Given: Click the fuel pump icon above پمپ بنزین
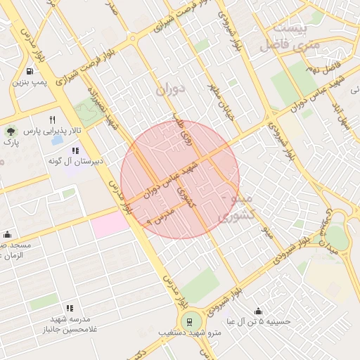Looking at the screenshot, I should point(29,71).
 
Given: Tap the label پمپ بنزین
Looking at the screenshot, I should point(29,83).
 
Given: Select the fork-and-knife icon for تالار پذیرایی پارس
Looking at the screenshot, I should point(52,120).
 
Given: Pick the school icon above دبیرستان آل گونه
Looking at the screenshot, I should point(75,150).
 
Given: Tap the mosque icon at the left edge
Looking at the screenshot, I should point(7,235).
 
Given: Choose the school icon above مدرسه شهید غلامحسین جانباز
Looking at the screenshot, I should point(69,308).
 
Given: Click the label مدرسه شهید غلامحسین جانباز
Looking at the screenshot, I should point(69,324).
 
